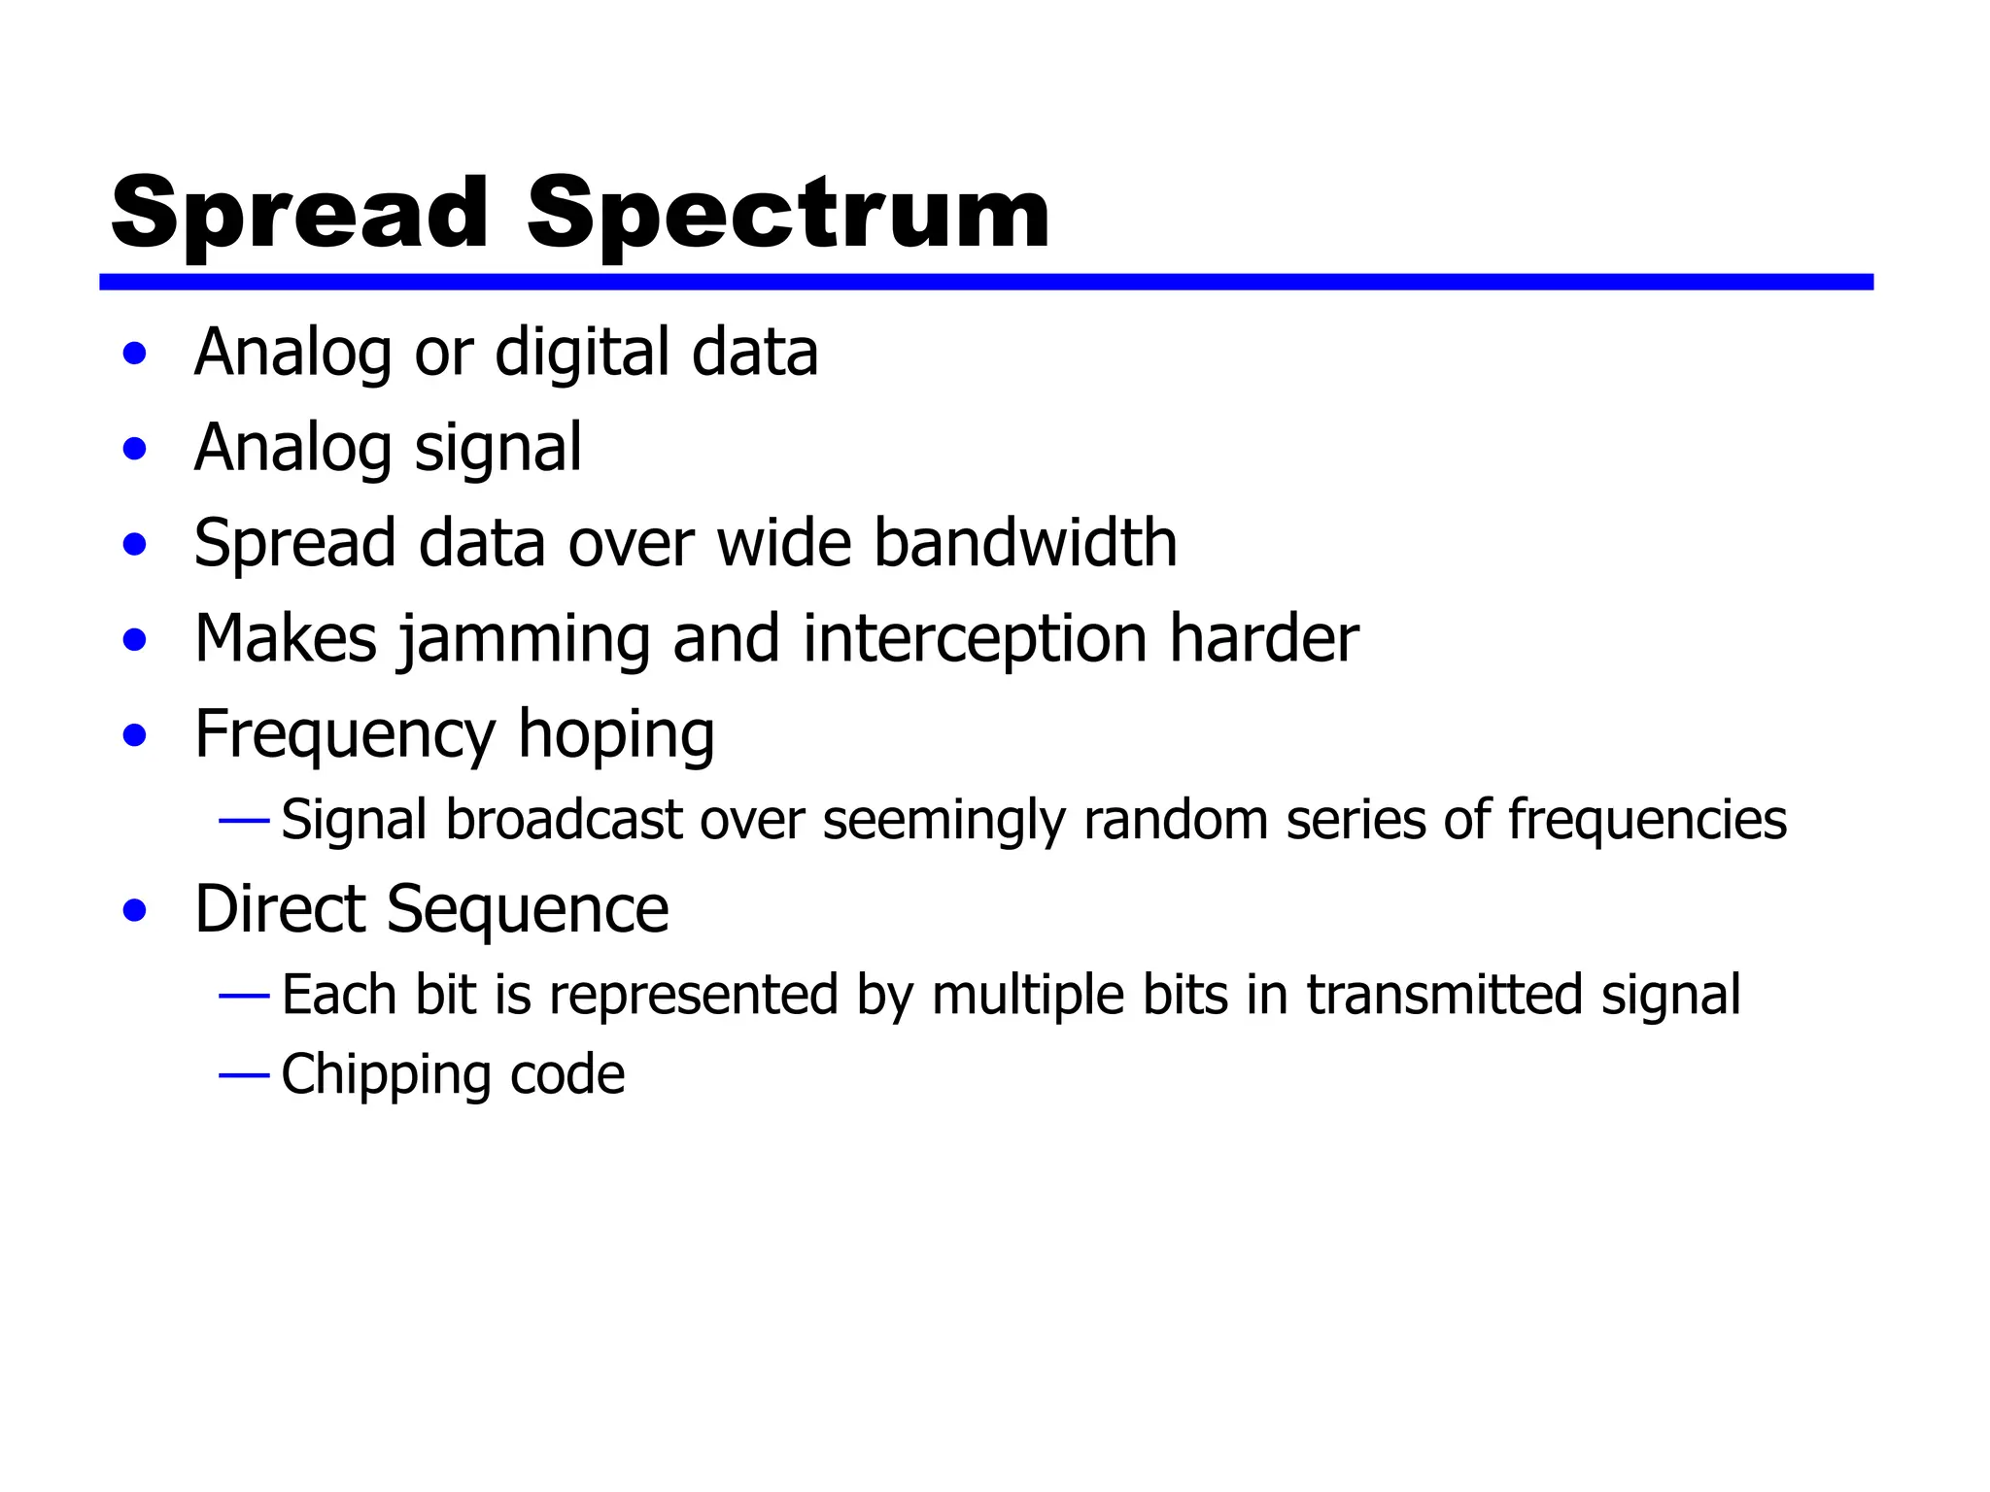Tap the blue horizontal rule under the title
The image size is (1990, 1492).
(985, 282)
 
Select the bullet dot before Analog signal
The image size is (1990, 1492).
(135, 449)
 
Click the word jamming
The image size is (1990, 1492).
(525, 639)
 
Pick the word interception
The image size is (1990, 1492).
(976, 639)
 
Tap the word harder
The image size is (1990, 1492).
(1263, 639)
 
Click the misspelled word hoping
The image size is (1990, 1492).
(616, 734)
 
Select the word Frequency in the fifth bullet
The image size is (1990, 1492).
(345, 734)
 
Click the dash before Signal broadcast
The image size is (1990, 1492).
(244, 822)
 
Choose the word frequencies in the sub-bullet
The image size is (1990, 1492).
(1647, 820)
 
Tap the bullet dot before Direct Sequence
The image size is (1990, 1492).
(135, 911)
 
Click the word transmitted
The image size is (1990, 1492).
(1445, 996)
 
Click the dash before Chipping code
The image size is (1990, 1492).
(244, 1075)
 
